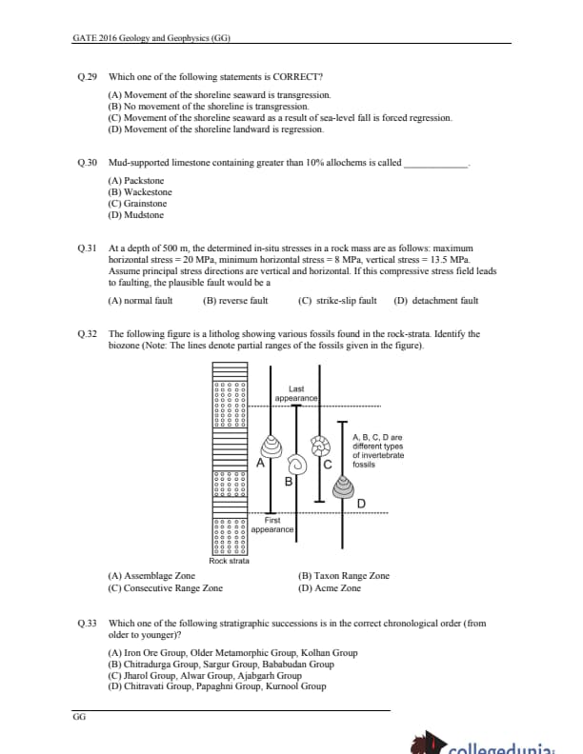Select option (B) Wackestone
click(140, 191)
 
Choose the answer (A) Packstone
click(136, 180)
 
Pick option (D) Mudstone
click(136, 215)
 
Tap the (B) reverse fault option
click(235, 301)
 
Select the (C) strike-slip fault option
click(337, 301)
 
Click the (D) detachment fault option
click(435, 301)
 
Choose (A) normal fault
click(141, 301)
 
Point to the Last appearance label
click(296, 393)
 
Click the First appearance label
click(272, 525)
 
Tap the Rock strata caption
click(229, 561)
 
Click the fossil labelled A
click(272, 446)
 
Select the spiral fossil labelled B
click(295, 465)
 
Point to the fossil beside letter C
click(321, 445)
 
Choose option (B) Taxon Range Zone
click(343, 575)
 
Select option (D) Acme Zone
click(330, 588)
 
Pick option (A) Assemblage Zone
click(151, 575)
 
